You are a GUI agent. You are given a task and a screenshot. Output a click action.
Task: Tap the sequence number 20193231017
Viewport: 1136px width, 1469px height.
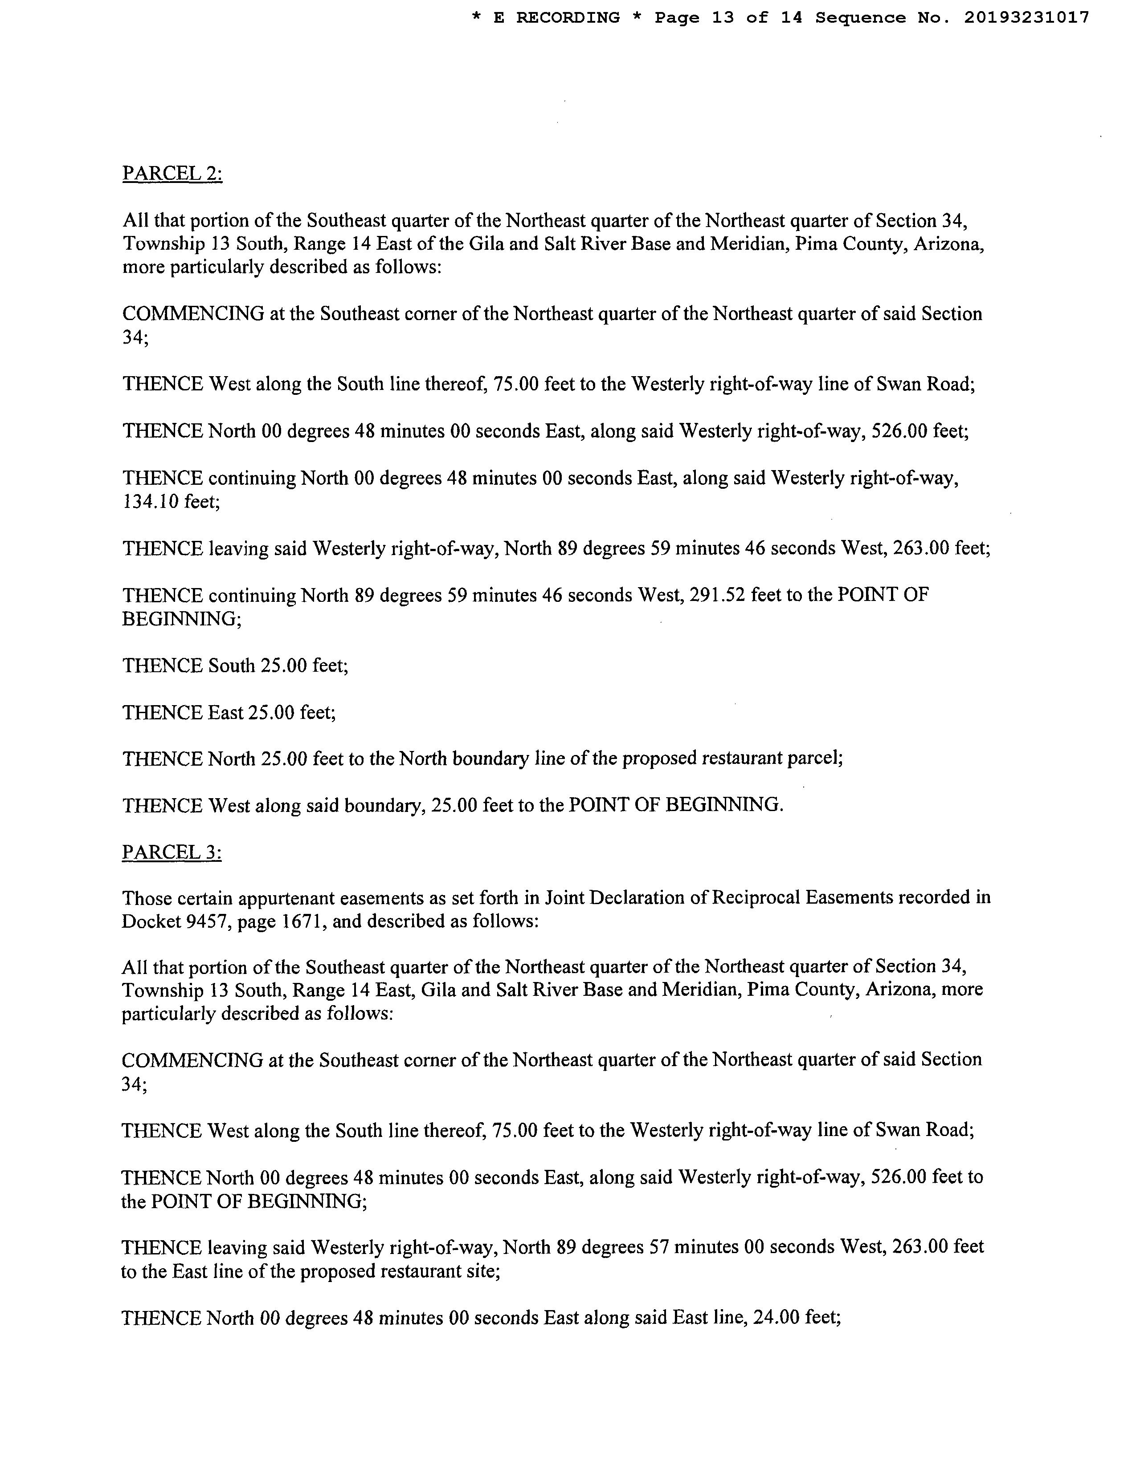tap(1027, 18)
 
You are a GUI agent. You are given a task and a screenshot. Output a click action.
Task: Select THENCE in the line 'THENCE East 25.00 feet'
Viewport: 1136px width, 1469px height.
tap(162, 712)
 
